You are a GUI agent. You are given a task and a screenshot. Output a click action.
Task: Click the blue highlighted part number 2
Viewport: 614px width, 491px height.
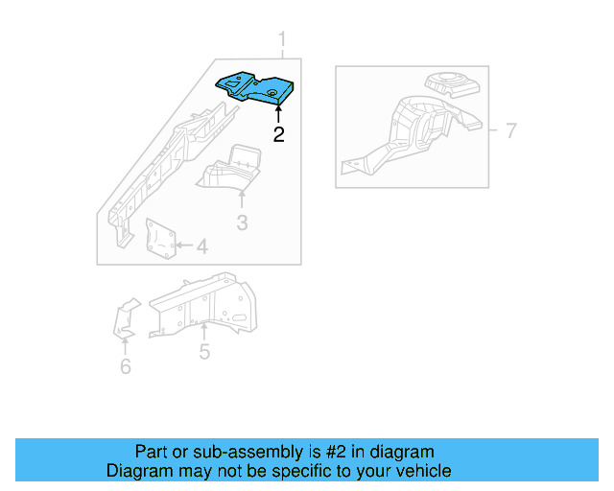[x=257, y=87]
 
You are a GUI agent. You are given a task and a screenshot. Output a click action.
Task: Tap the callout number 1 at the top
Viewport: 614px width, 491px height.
[x=282, y=39]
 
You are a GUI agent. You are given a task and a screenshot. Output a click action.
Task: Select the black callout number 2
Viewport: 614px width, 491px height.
[x=278, y=134]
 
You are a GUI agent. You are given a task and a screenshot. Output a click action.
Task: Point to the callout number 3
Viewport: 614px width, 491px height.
[x=242, y=223]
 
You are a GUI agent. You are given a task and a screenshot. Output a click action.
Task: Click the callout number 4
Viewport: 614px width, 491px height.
[x=201, y=247]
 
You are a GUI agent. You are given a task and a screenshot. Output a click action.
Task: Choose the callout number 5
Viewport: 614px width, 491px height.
[x=204, y=352]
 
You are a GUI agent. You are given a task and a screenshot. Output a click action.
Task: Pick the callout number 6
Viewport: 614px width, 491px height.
[x=125, y=366]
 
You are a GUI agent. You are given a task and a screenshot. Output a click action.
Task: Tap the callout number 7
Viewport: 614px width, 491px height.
[x=510, y=130]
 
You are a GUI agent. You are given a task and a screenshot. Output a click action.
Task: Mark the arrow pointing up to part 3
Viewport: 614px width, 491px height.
[x=242, y=199]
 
